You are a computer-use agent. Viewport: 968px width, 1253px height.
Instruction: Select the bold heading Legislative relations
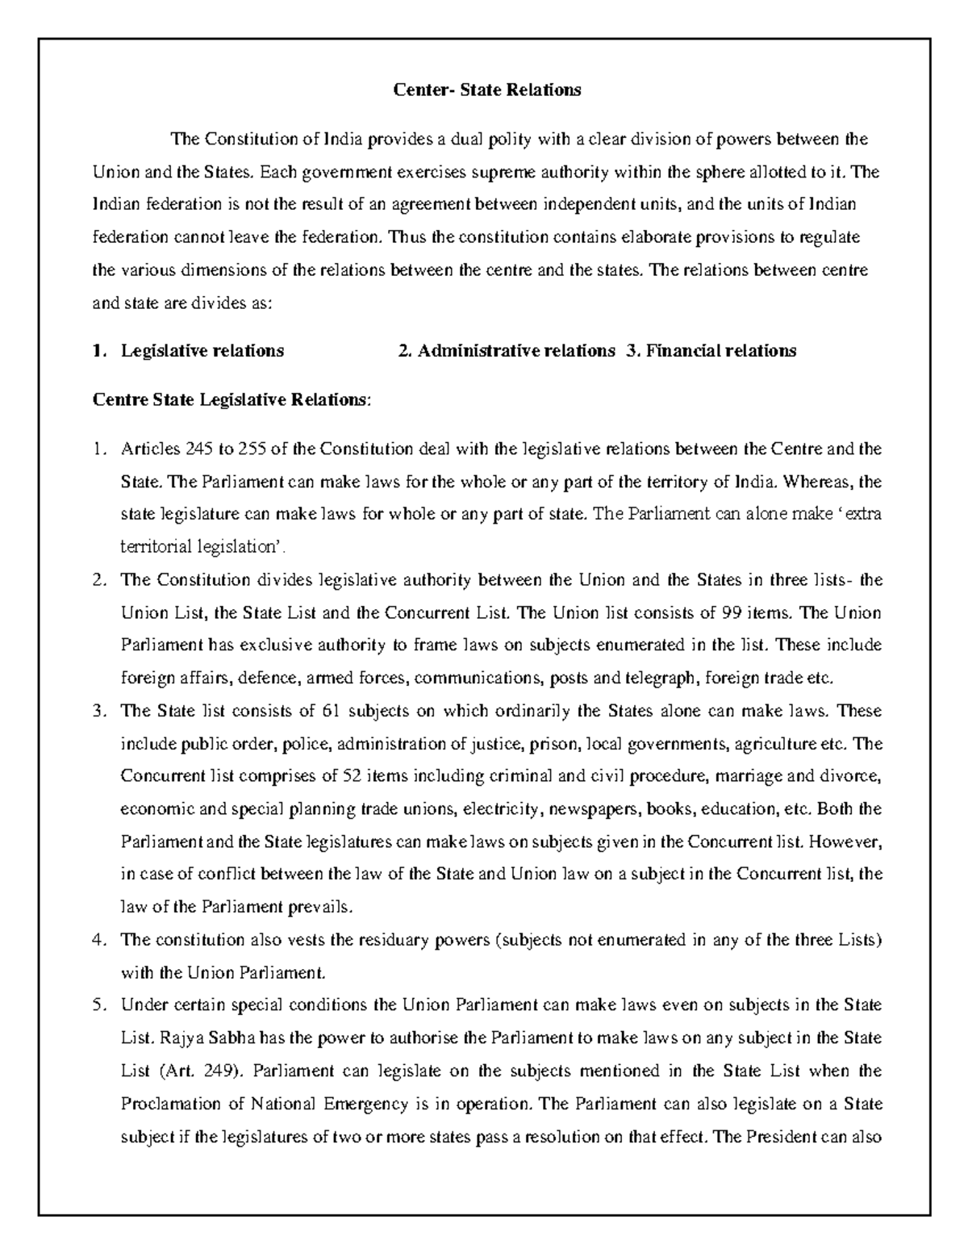[x=202, y=350]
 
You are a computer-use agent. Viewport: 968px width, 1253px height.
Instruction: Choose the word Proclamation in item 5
[x=167, y=1104]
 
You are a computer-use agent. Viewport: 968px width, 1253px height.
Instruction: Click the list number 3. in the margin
[x=100, y=711]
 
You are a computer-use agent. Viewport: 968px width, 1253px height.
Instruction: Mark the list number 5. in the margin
[x=100, y=1005]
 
